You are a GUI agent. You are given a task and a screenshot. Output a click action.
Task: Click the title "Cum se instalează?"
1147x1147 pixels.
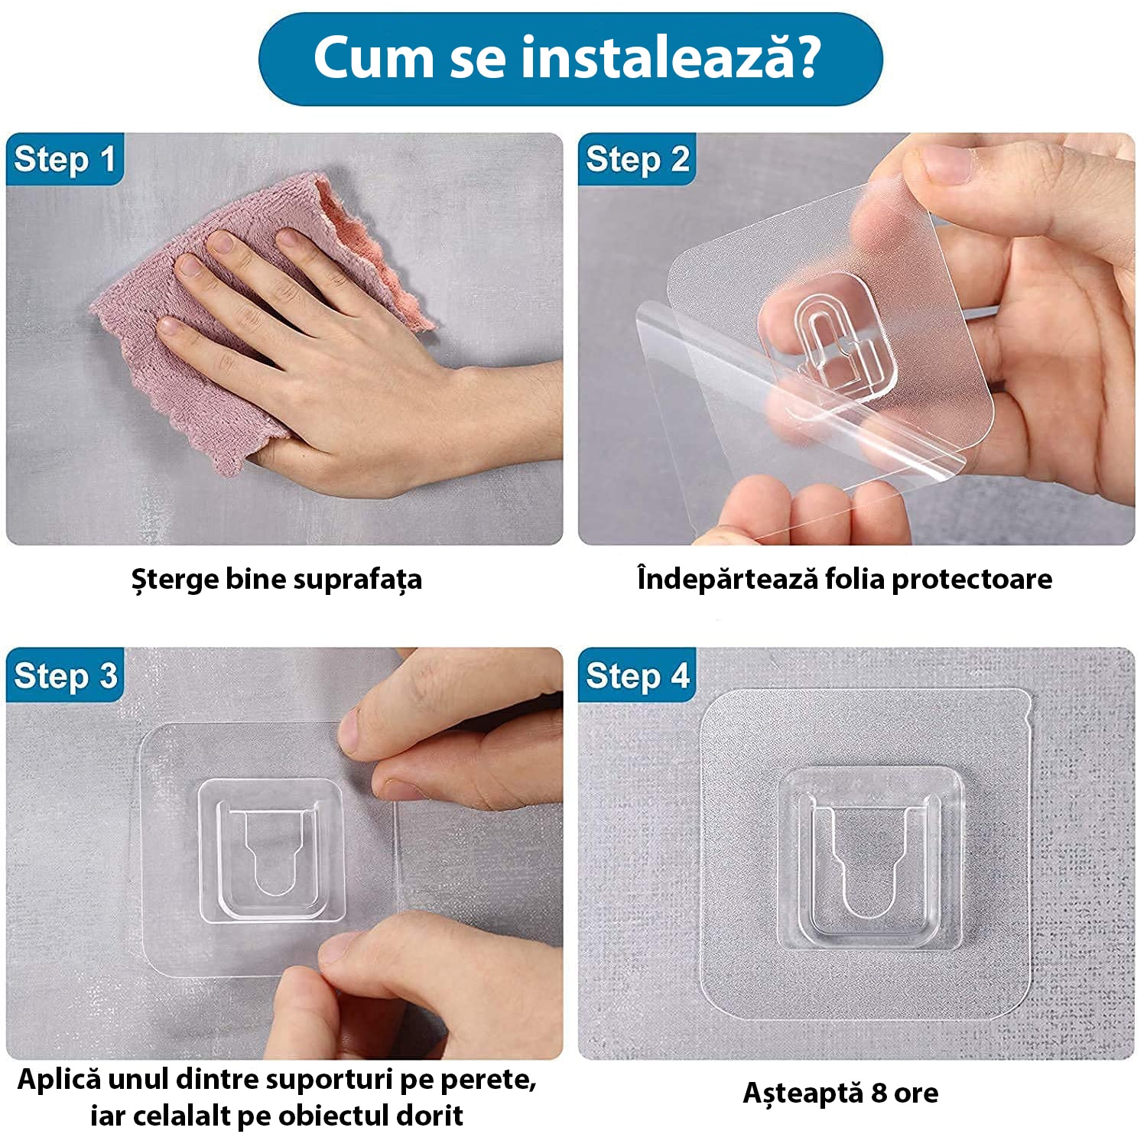pyautogui.click(x=570, y=58)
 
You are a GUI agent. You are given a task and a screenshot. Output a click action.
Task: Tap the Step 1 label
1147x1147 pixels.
pyautogui.click(x=64, y=160)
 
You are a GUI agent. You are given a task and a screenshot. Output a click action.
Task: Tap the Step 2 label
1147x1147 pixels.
pyautogui.click(x=637, y=160)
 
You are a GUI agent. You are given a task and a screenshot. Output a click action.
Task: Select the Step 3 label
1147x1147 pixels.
pyautogui.click(x=64, y=676)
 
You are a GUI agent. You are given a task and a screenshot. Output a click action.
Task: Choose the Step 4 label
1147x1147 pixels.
pyautogui.click(x=637, y=676)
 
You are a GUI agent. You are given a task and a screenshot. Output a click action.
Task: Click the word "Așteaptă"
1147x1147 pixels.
pyautogui.click(x=802, y=1093)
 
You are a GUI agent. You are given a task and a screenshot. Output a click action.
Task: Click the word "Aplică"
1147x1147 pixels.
pyautogui.click(x=59, y=1080)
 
